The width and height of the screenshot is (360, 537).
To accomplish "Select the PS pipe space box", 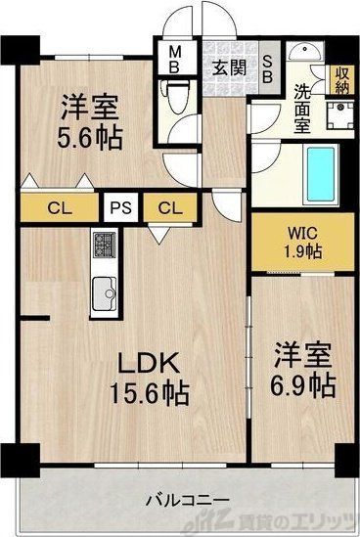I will (x=122, y=206).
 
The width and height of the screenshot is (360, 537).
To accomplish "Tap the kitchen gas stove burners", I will (x=105, y=243).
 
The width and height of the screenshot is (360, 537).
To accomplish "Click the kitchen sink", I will (x=105, y=291).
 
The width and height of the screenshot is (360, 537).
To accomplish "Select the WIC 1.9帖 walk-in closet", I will (x=300, y=242).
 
